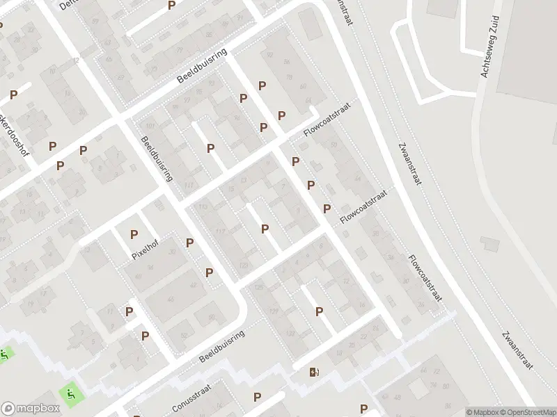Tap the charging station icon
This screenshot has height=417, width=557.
(314, 372)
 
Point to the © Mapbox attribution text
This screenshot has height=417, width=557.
(483, 412)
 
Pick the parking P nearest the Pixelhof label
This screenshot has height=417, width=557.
(134, 235)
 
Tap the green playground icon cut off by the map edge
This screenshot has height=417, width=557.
(3, 354)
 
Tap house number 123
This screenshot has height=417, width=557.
(243, 265)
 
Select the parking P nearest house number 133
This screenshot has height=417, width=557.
(319, 312)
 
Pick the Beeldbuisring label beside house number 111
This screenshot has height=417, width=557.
(157, 158)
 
